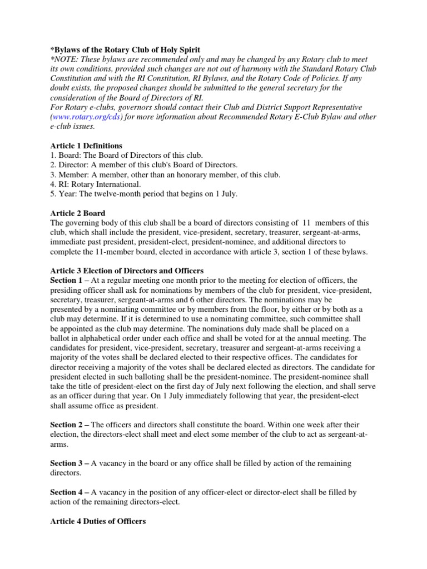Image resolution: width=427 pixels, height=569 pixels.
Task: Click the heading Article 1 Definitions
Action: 86,145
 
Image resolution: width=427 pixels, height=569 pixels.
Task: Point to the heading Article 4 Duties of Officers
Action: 98,521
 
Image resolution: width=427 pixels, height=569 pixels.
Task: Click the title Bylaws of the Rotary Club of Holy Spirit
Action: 125,50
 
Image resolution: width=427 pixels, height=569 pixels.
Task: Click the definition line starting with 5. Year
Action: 144,193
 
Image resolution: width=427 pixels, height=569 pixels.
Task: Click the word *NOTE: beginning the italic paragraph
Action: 64,59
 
